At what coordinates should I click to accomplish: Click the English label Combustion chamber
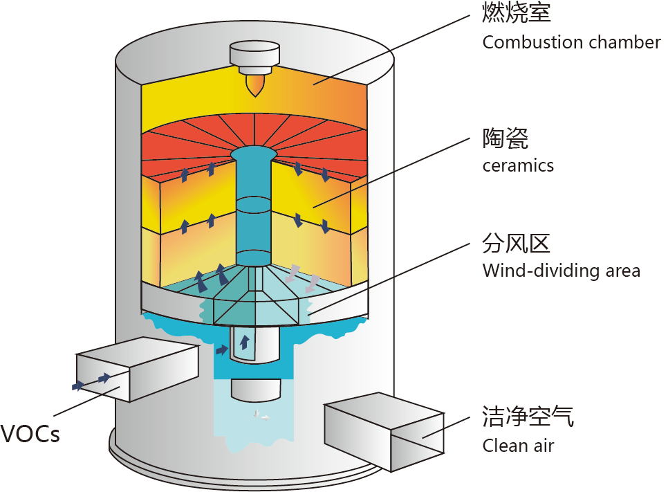[571, 42]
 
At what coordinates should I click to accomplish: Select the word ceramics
[518, 165]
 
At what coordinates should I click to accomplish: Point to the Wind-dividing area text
[562, 270]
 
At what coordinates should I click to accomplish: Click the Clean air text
[518, 445]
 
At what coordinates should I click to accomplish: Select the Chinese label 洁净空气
[528, 417]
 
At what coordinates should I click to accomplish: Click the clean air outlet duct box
[384, 430]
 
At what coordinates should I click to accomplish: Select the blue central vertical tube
[253, 208]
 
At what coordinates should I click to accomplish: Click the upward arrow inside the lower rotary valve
[245, 341]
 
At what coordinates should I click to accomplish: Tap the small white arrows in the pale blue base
[261, 415]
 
